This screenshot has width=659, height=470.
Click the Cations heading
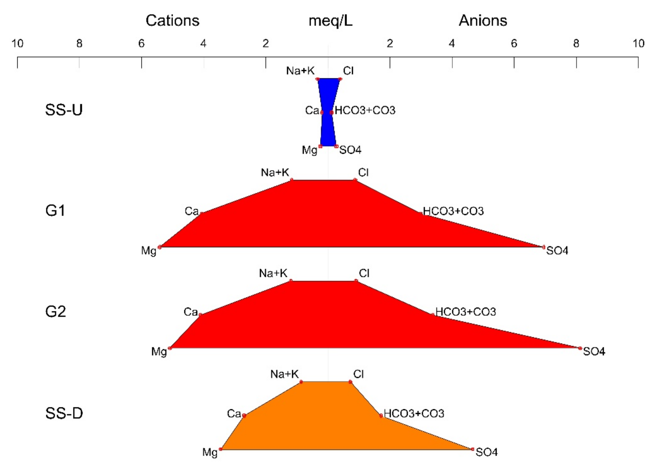point(172,21)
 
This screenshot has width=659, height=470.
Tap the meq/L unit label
point(330,21)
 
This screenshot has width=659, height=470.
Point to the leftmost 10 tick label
point(17,44)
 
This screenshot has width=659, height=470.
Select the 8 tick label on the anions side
point(576,44)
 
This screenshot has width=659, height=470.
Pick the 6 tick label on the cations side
point(141,44)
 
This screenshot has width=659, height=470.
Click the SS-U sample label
point(64,110)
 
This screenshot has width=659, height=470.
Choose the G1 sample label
point(55,211)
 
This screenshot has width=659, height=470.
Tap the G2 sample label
point(56,312)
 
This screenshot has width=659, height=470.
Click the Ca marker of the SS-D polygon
point(244,416)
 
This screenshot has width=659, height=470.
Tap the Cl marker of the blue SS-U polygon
point(340,79)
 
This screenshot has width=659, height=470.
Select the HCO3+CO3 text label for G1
point(453,211)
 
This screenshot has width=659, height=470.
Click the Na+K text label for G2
point(273,273)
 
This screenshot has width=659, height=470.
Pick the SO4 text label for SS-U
point(350,150)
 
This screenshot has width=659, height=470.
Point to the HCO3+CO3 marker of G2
point(433,315)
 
